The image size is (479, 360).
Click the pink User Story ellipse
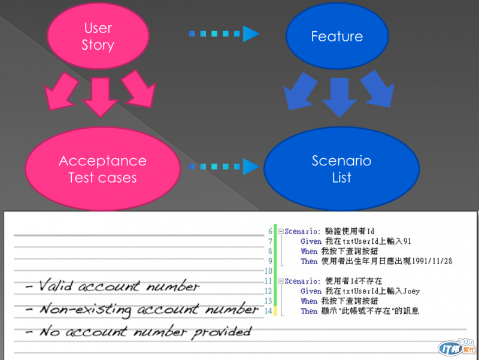[98, 37]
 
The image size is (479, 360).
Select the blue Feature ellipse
[336, 37]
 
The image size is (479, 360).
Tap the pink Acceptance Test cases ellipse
[102, 168]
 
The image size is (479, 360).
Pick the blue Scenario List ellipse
[341, 168]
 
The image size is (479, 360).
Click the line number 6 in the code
[270, 231]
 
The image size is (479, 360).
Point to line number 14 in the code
[269, 310]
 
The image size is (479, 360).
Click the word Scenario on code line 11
[303, 281]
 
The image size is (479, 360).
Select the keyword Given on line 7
[310, 241]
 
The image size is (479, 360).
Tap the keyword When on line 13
[309, 301]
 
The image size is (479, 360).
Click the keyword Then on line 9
[309, 261]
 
